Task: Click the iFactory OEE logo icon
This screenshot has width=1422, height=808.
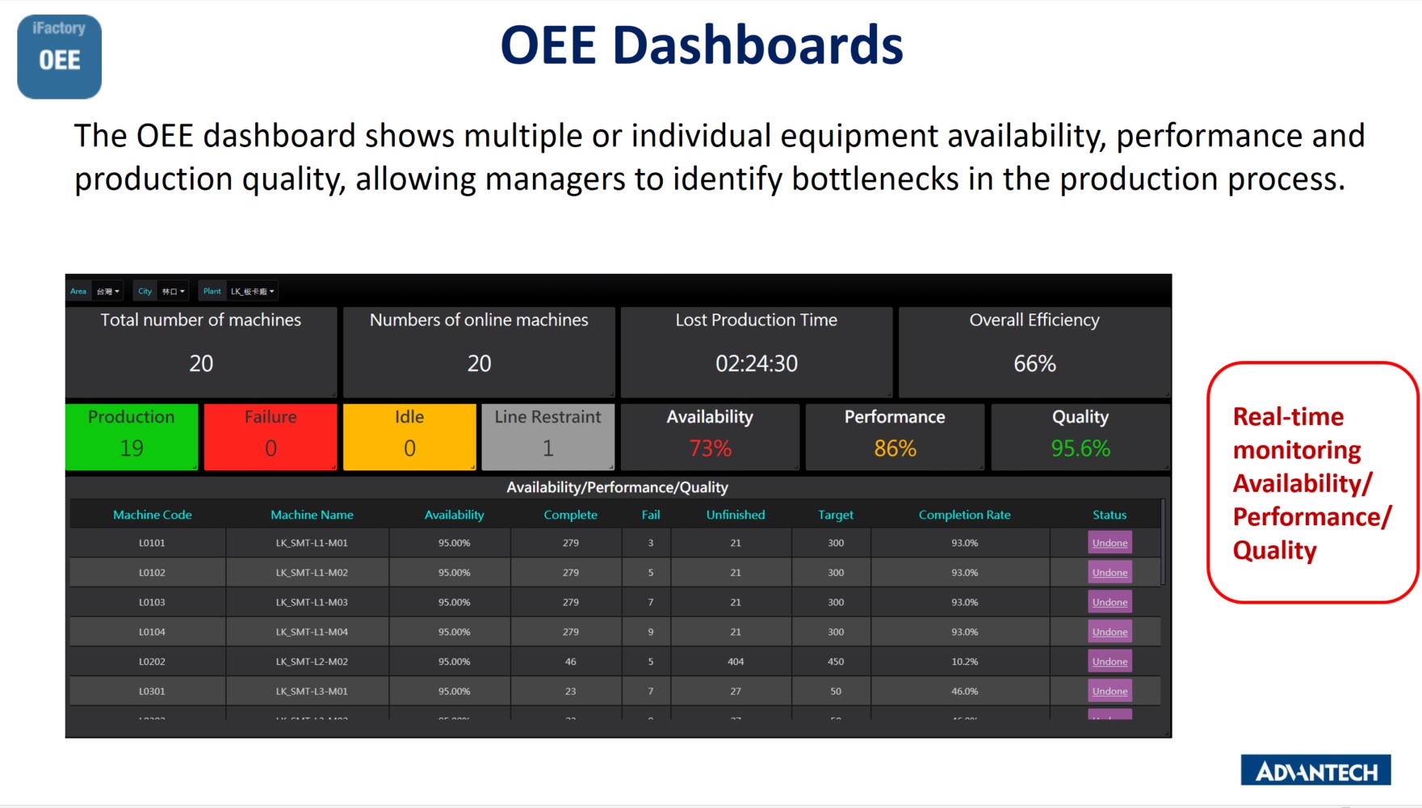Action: coord(59,57)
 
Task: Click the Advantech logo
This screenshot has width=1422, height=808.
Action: coord(1315,771)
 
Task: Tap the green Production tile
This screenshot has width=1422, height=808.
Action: coord(132,436)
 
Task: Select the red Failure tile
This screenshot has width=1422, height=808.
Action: coord(271,436)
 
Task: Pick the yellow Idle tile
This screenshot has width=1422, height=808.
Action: coord(409,436)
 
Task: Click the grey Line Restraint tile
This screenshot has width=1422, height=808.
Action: coord(547,436)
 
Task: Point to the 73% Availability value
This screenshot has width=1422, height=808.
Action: coord(710,448)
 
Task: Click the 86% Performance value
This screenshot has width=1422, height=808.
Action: coord(895,448)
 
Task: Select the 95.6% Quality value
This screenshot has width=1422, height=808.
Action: coord(1080,448)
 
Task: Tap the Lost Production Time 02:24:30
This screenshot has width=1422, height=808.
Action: coord(757,364)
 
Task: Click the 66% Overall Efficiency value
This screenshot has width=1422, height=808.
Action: coord(1034,364)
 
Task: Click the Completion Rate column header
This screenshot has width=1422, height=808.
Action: coord(964,515)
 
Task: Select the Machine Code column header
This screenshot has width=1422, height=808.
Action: coord(152,515)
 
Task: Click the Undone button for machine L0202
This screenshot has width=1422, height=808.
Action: coord(1109,662)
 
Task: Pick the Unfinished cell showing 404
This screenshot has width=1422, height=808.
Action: coord(736,662)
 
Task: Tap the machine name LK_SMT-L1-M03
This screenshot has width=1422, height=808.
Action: coord(312,602)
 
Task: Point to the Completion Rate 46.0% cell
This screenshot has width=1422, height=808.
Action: coord(964,692)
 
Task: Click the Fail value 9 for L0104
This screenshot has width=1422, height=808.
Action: coord(651,632)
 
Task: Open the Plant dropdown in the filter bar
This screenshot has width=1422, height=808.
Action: coord(252,292)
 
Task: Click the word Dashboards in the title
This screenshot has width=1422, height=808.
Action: coord(757,45)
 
